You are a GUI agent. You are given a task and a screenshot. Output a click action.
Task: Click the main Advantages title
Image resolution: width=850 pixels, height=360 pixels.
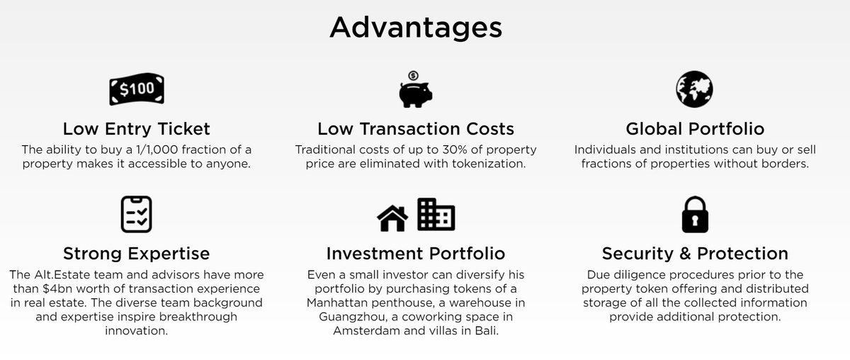(x=416, y=28)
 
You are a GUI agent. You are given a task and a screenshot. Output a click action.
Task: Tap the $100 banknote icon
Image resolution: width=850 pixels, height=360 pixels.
(x=136, y=90)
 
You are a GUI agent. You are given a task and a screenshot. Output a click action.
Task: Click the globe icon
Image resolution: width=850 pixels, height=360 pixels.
(x=694, y=89)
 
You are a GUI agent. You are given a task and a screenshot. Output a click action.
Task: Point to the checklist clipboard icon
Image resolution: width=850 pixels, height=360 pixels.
(x=136, y=214)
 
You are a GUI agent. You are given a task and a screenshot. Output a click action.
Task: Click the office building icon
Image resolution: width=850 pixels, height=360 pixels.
(x=436, y=214)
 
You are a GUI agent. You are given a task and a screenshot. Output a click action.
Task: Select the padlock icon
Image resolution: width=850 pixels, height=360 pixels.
(x=694, y=214)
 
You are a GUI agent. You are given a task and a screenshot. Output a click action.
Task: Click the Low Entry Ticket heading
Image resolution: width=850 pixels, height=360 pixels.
(x=136, y=129)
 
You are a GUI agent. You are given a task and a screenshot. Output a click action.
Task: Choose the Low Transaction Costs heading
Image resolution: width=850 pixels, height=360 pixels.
(x=416, y=129)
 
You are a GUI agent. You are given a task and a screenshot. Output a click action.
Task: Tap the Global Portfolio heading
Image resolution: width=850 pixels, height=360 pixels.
(x=695, y=129)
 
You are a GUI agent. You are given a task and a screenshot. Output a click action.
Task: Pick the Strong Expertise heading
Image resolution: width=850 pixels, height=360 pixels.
(x=136, y=253)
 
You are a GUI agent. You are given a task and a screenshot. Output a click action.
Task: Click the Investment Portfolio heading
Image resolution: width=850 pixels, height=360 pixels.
(x=416, y=253)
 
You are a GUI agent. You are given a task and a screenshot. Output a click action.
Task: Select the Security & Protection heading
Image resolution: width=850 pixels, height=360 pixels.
(x=695, y=253)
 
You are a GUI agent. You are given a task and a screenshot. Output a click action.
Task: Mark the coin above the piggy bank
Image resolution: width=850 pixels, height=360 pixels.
(x=413, y=75)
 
